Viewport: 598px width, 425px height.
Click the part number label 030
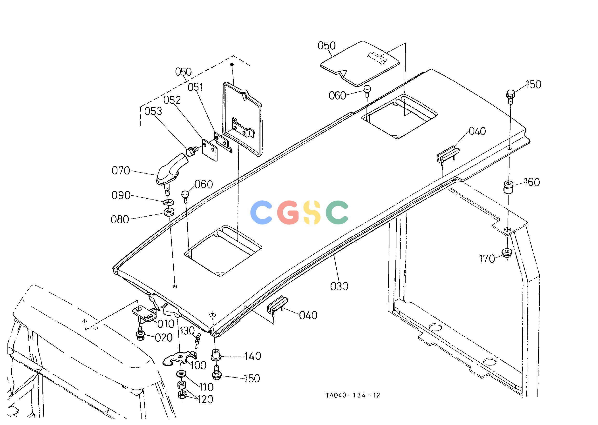[x=339, y=286]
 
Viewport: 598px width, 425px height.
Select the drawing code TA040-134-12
[x=353, y=395]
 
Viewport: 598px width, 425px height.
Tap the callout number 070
[x=121, y=171]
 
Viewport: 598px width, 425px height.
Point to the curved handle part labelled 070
[x=171, y=169]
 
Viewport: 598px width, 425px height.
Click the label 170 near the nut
[x=487, y=259]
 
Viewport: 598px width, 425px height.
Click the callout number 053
[x=153, y=112]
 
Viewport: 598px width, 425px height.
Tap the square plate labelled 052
[x=210, y=150]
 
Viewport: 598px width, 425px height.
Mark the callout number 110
[x=206, y=387]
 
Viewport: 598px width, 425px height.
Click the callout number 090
[x=121, y=195]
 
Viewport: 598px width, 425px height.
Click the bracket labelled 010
[x=145, y=313]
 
